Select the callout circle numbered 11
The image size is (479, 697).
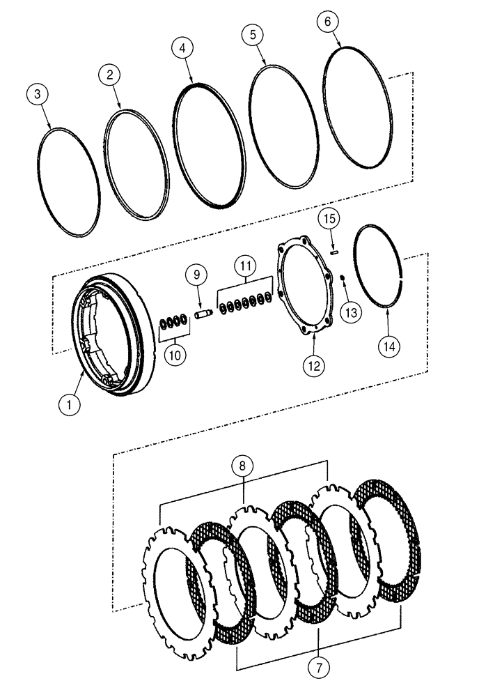[x=244, y=266]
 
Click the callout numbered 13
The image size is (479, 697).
[x=352, y=312]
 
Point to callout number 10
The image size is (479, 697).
[x=175, y=354]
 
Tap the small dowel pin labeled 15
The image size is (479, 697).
[x=334, y=252]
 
